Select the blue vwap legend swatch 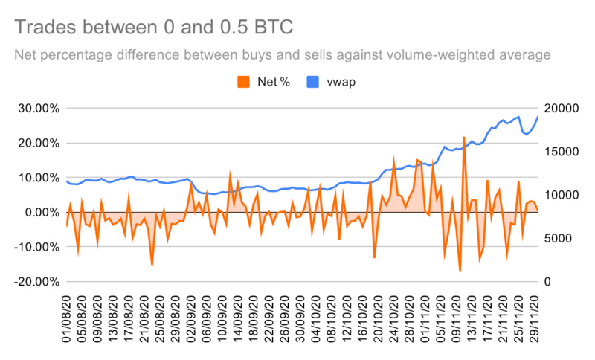tap(312, 81)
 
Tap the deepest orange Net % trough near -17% tap(460, 271)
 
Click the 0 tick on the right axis tap(548, 282)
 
